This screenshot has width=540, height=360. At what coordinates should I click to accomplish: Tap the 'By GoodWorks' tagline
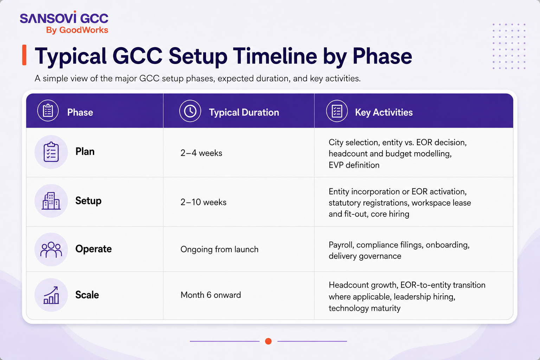tap(77, 30)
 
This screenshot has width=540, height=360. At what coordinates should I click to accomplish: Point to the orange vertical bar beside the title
tap(24, 55)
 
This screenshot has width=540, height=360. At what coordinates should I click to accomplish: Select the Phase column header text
tap(80, 112)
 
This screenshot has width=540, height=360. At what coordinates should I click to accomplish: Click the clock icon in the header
tap(190, 111)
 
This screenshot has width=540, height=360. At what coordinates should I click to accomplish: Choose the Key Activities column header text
tap(384, 112)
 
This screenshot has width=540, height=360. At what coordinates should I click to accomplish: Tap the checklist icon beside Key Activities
tap(337, 111)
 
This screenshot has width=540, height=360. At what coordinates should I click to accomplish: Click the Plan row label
tap(85, 152)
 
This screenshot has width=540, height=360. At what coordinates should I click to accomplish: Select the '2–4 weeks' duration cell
tap(201, 153)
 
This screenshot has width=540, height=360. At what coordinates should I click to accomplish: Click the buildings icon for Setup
tap(51, 201)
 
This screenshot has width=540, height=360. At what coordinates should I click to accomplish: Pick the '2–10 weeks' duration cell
tap(204, 202)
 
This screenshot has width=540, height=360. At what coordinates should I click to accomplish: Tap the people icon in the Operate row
tap(51, 250)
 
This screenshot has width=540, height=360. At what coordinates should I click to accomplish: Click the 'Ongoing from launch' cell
tap(219, 249)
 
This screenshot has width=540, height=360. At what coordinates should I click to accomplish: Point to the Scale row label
tap(87, 295)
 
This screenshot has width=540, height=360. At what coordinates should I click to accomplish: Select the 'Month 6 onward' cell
tap(211, 295)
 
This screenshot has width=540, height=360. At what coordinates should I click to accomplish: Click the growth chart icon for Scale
tap(51, 295)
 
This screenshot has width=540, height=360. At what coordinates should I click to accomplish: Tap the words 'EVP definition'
tap(354, 165)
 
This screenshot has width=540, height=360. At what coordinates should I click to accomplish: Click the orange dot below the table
tap(268, 341)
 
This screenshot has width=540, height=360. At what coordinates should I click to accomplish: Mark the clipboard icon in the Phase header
tap(48, 111)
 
